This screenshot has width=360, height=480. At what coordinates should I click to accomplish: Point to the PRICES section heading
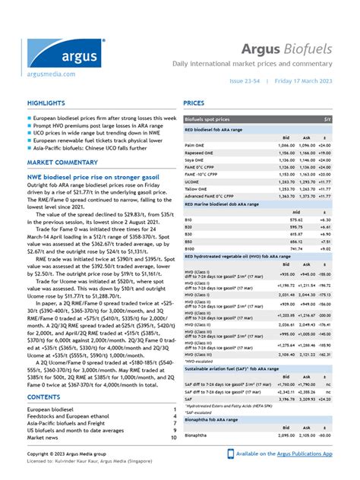click(194, 103)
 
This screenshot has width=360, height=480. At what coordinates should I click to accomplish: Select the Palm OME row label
click(194, 144)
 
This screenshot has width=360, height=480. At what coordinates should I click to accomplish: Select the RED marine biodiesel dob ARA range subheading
click(233, 204)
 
